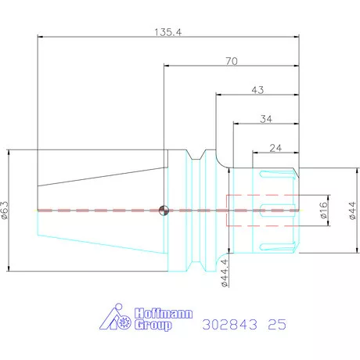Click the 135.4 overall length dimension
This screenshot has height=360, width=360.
(167, 32)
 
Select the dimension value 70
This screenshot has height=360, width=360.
(232, 61)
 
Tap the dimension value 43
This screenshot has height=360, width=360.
(257, 90)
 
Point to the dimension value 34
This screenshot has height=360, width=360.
(266, 119)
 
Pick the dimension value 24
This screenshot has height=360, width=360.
(275, 148)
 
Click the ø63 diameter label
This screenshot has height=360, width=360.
(5, 211)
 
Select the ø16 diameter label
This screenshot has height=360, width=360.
(323, 210)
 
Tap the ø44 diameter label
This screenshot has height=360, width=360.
(352, 211)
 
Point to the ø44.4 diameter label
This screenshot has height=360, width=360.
(225, 273)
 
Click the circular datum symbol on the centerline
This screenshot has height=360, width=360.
(164, 211)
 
